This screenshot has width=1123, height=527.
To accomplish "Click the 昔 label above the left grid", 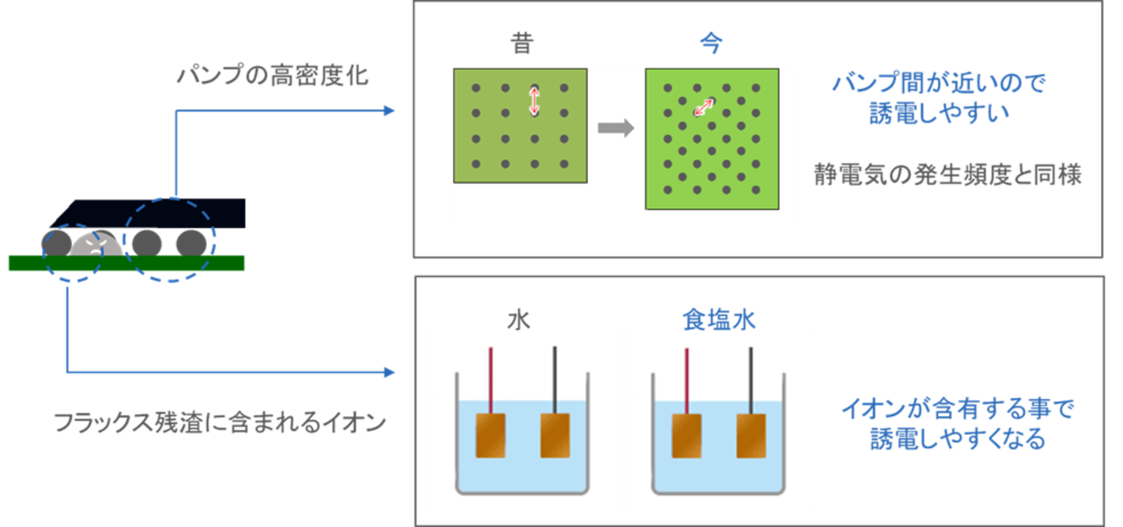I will pyautogui.click(x=522, y=43).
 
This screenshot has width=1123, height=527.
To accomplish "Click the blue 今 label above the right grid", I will pyautogui.click(x=711, y=43).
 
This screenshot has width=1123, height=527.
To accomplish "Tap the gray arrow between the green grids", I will pyautogui.click(x=616, y=128).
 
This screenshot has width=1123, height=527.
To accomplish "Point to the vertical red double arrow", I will pyautogui.click(x=534, y=101).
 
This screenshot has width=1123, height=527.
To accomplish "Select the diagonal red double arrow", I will pyautogui.click(x=704, y=107).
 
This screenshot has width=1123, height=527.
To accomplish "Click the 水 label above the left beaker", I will pyautogui.click(x=518, y=319).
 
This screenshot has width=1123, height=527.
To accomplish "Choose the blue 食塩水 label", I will pyautogui.click(x=719, y=319).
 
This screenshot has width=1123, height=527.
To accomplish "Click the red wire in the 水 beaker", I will pyautogui.click(x=491, y=380).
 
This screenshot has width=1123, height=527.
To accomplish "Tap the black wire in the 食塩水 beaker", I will pyautogui.click(x=750, y=380).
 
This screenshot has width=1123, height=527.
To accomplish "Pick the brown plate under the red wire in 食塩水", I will pyautogui.click(x=687, y=436).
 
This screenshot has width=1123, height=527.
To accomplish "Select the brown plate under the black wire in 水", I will pyautogui.click(x=555, y=436).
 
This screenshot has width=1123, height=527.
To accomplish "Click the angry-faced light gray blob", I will pyautogui.click(x=95, y=243).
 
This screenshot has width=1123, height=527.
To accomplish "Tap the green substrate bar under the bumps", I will pyautogui.click(x=126, y=263).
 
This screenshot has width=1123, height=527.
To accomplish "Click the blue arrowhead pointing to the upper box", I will pyautogui.click(x=389, y=111).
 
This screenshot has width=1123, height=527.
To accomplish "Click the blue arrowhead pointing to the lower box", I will pyautogui.click(x=389, y=372).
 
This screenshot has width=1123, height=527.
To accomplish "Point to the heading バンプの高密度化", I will pyautogui.click(x=273, y=76).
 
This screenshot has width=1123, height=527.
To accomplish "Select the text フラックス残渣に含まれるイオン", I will pyautogui.click(x=220, y=422).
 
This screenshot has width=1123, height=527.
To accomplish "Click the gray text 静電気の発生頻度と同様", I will pyautogui.click(x=948, y=174).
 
